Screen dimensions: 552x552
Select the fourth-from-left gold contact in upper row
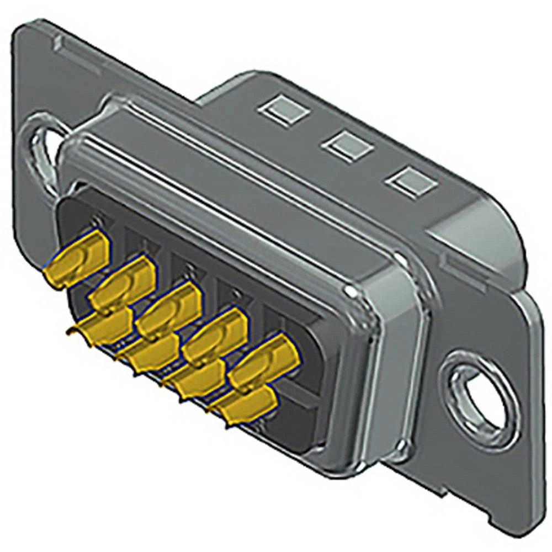(216, 336)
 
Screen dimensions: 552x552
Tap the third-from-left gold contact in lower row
(196, 380)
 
